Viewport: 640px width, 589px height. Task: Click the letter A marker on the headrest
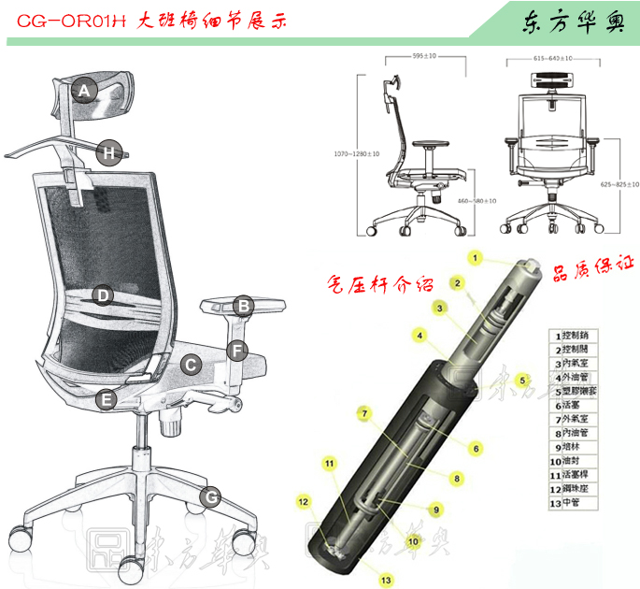[84, 91]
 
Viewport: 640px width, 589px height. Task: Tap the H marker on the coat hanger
[109, 152]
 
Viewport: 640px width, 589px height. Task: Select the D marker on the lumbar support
[103, 295]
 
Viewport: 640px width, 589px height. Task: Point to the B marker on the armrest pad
[242, 305]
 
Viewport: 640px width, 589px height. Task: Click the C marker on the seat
[190, 365]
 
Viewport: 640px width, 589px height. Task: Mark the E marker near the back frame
[107, 400]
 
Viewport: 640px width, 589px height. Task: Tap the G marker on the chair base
[212, 496]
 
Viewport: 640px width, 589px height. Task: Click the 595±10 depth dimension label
[425, 56]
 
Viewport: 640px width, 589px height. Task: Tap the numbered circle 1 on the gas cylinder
[475, 257]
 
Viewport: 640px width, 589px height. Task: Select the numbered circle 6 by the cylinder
[475, 449]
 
